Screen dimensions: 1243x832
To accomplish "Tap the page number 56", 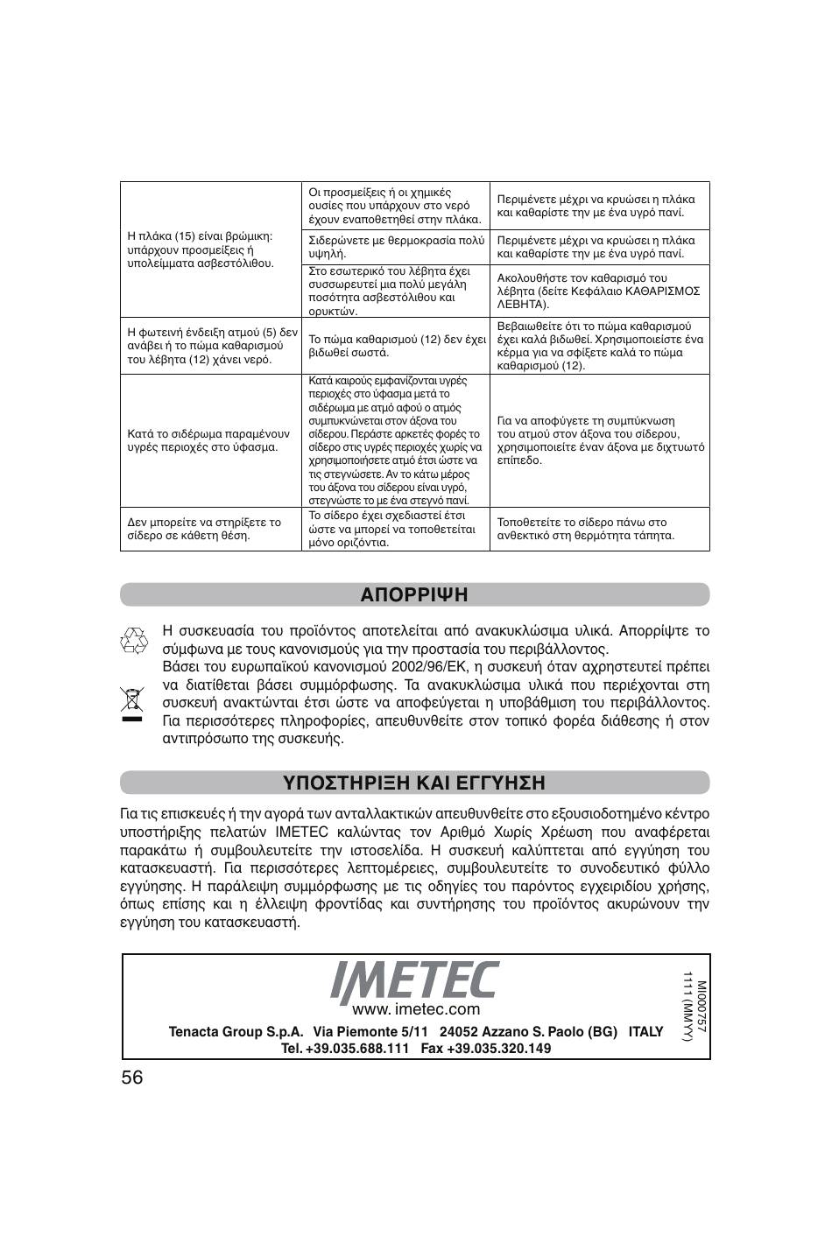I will coord(132,1078).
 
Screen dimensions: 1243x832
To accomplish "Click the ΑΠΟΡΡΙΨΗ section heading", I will coord(414,595).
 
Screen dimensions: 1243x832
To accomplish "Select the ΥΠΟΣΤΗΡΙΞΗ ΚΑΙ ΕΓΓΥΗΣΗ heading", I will coord(414,782).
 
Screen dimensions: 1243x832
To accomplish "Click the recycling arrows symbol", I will coord(133,641).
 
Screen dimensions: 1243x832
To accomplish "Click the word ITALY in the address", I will coord(645,1031).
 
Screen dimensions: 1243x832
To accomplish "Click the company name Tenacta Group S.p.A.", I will coord(236,1031).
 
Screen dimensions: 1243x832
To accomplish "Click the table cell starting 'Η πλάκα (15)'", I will coord(210,249).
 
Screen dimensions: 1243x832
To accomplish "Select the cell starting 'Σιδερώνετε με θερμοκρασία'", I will coord(396,247).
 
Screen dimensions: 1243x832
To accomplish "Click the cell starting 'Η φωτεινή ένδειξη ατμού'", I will coord(210,346).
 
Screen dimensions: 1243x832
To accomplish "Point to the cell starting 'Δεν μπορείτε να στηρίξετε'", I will coord(210,529).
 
